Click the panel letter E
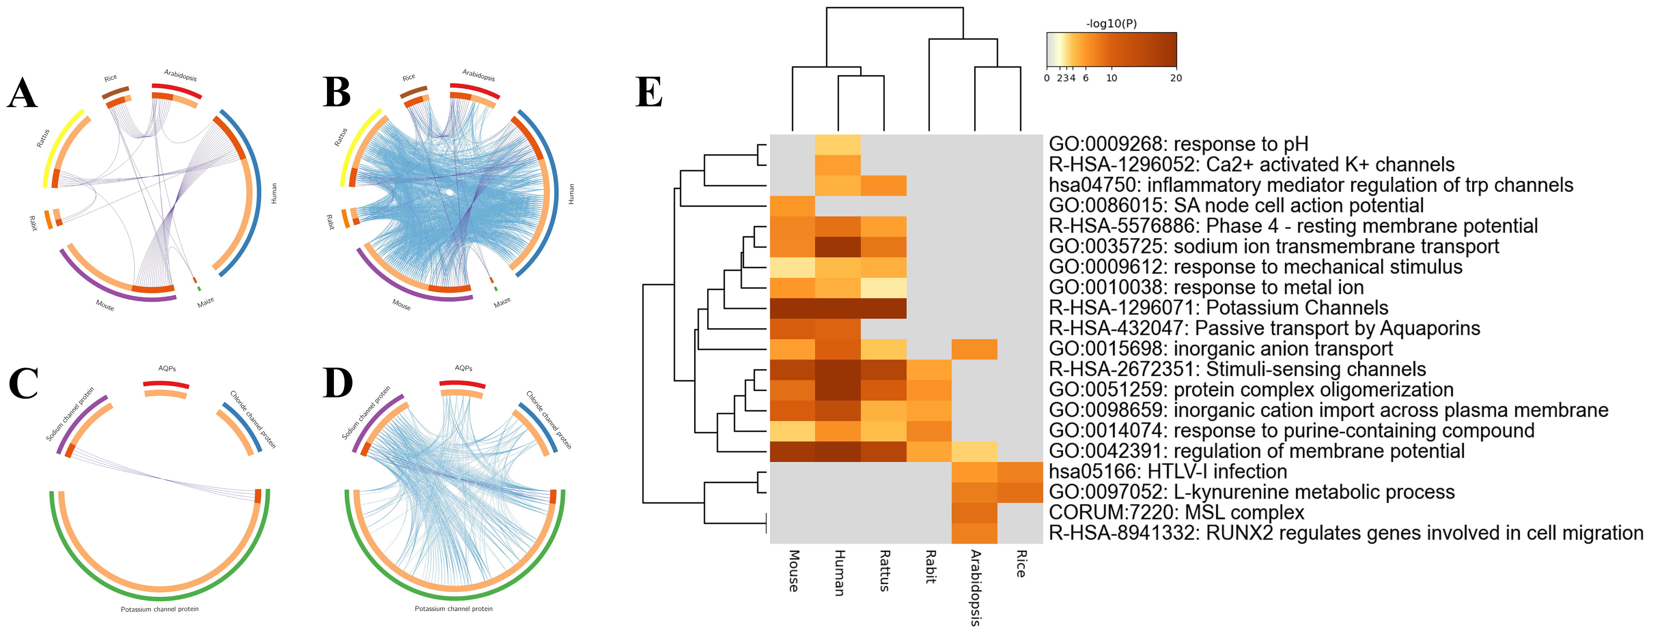[649, 93]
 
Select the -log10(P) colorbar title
[1111, 24]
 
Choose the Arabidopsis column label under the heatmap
[975, 587]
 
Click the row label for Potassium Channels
[1218, 308]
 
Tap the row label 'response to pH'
[1178, 144]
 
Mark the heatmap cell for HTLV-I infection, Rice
[1020, 472]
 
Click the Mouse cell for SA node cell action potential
[792, 206]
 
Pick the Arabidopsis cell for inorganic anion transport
[975, 349]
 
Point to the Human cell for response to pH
[838, 144]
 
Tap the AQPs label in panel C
[167, 369]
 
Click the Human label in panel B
[571, 194]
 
